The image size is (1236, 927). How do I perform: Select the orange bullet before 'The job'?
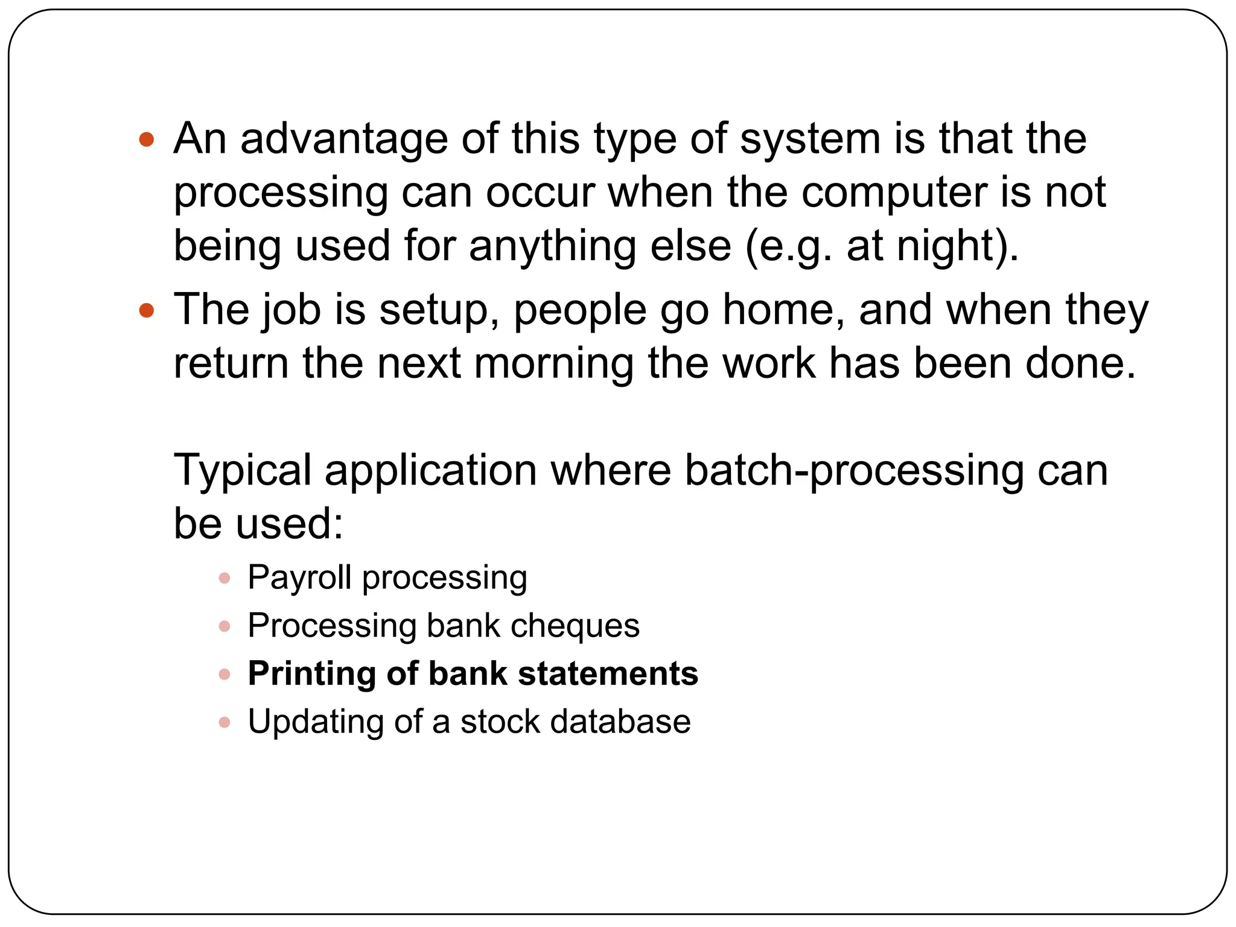pos(147,311)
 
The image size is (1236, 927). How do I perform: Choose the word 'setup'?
pos(439,311)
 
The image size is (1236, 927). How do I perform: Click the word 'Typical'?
pos(242,471)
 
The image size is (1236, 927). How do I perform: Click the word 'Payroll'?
pos(299,578)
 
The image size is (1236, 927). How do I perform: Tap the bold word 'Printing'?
pos(311,675)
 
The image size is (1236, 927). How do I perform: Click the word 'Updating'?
pos(315,722)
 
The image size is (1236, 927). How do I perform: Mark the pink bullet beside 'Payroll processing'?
pos(225,578)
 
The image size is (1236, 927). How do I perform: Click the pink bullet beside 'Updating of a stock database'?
pos(225,722)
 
